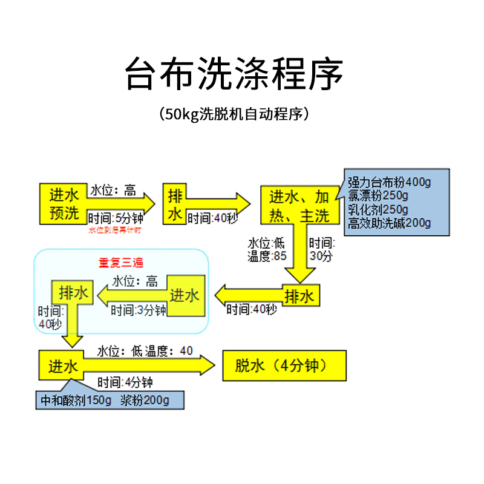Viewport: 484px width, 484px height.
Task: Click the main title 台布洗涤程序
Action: pos(234,75)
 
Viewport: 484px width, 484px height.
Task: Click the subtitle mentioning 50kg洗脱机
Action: pos(234,114)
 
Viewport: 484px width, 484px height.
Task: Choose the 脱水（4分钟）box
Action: pos(284,365)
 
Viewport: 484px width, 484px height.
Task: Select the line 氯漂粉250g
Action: pos(378,195)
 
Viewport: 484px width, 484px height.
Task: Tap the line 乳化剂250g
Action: pos(378,209)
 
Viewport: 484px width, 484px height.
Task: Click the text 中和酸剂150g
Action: pos(73,400)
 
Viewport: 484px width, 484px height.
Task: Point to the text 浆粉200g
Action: pos(145,400)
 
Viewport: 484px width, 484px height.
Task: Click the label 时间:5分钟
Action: pos(116,218)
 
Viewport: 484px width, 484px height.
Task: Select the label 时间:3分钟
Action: pos(138,310)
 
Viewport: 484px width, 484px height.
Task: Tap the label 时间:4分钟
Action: pos(125,382)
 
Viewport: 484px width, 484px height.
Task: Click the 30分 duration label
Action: pos(321,257)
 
